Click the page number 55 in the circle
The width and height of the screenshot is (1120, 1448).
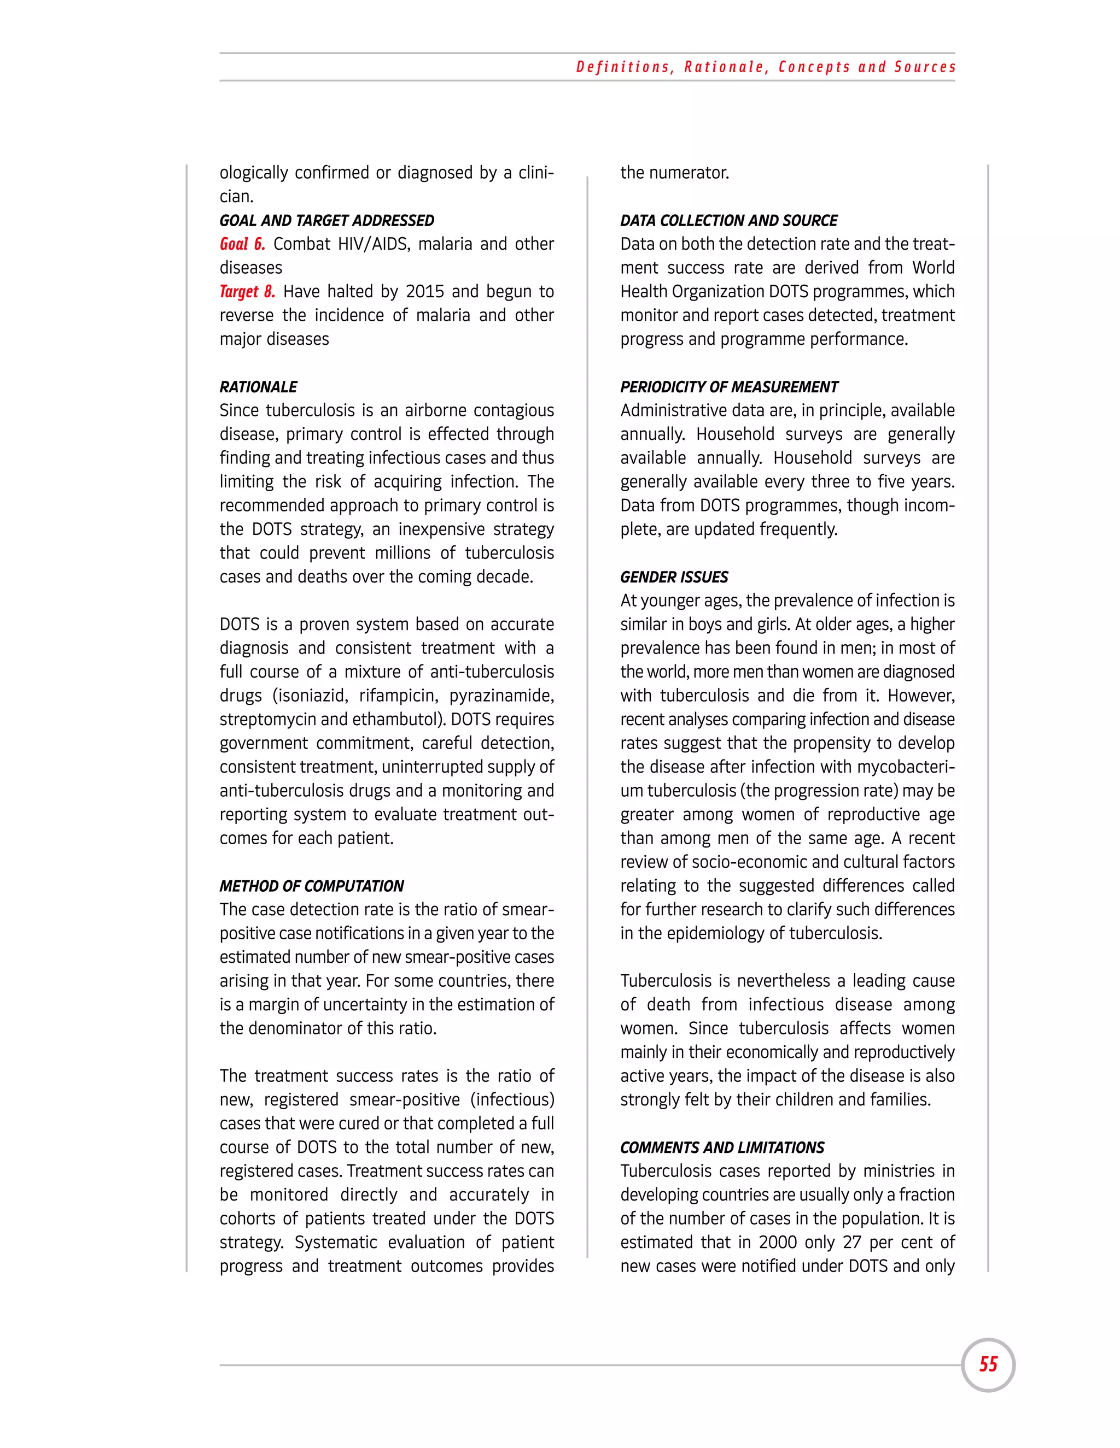point(988,1364)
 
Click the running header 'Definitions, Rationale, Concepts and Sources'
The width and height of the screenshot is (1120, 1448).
point(765,67)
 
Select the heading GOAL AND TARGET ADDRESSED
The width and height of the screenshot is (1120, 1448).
point(326,220)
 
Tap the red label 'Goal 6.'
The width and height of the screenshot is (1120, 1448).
point(242,244)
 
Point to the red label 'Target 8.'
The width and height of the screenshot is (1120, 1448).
point(247,292)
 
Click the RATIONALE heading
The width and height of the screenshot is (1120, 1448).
point(258,386)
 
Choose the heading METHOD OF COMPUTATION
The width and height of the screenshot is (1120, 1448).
point(311,886)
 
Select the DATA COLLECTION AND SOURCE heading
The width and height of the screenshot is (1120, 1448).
point(728,220)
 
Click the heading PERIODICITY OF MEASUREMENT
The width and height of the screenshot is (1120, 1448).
point(728,386)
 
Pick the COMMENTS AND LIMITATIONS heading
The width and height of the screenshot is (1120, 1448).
point(722,1147)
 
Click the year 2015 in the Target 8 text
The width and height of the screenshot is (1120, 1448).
point(424,292)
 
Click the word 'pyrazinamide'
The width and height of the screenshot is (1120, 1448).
point(501,696)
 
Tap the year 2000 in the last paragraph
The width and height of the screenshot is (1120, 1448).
point(778,1242)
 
